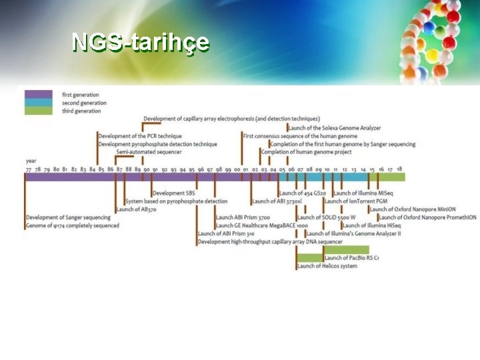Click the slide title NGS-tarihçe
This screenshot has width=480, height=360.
[x=140, y=42]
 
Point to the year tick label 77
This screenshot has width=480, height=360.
[x=28, y=170]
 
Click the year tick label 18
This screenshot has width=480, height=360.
[x=399, y=170]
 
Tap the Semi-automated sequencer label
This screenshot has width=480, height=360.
[x=149, y=152]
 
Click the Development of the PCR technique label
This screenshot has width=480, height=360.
[x=139, y=136]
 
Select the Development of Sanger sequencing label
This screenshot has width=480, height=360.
[x=68, y=217]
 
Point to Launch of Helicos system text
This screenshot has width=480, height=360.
[x=327, y=266]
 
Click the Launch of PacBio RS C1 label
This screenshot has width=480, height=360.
[x=351, y=258]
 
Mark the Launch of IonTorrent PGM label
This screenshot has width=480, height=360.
[x=356, y=201]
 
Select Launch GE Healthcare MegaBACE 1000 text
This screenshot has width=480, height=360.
[x=261, y=225]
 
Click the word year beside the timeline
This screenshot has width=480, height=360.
[x=31, y=161]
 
